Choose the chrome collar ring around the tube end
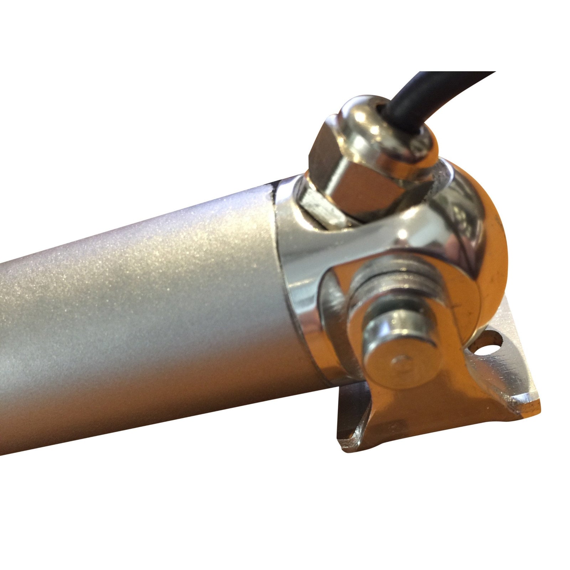coord(296,285)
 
